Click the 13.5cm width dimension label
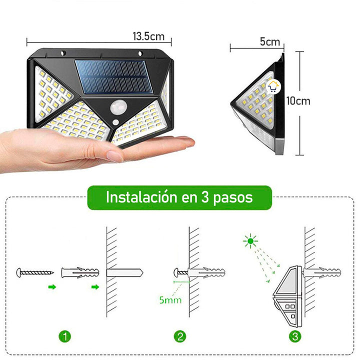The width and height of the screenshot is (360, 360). pos(148,36)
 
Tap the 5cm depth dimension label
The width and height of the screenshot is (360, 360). pos(270,42)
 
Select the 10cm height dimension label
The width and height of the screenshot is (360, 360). pos(298,101)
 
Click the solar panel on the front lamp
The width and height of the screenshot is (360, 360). pos(111,77)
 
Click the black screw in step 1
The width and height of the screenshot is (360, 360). pos(34,273)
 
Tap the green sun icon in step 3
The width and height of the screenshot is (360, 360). pos(248,242)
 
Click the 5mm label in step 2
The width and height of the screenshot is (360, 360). pos(170,301)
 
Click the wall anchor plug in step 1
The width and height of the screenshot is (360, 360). pos(80,273)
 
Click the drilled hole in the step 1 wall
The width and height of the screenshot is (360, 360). pos(125,273)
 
